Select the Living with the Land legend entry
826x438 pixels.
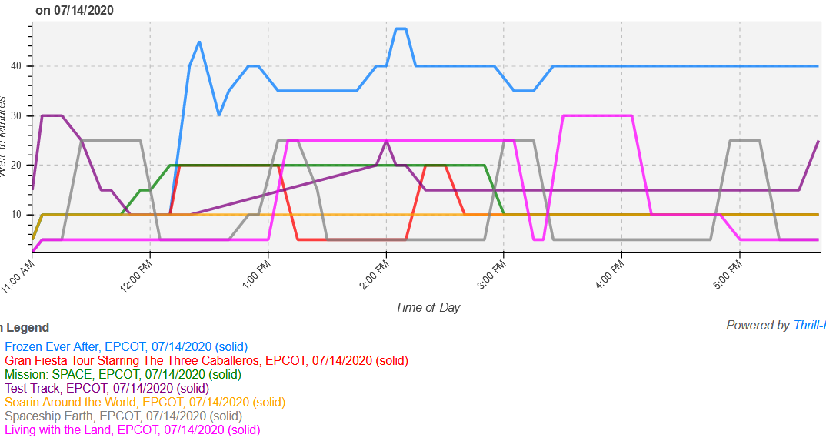(132, 430)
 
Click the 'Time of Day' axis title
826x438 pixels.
(428, 307)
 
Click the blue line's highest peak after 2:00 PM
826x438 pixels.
(401, 28)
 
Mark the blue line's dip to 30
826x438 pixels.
(219, 115)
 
